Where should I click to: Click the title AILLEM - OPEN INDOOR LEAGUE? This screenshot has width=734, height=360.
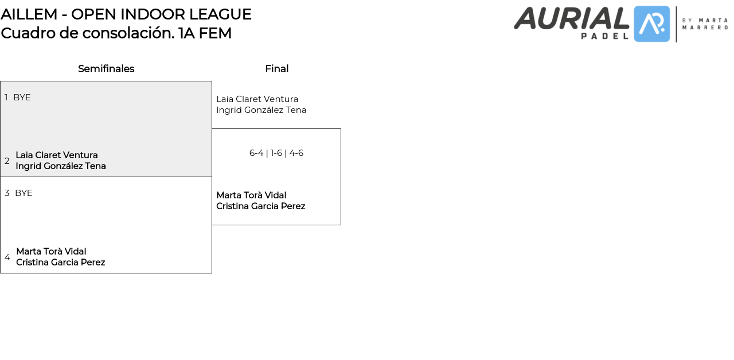(126, 14)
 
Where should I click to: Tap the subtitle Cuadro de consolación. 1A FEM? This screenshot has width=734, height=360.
(116, 33)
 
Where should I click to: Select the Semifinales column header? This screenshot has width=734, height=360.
(106, 69)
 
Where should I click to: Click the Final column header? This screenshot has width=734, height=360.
(276, 69)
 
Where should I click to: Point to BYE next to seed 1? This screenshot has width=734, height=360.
(22, 97)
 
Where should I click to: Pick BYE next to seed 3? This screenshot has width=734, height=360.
(24, 193)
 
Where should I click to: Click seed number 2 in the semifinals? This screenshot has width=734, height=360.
(7, 161)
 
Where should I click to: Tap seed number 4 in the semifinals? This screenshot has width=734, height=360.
(7, 257)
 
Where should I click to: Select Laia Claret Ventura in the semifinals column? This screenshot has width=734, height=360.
(57, 155)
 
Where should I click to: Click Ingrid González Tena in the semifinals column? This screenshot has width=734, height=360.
(61, 166)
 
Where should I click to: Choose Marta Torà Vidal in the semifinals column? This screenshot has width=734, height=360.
(51, 252)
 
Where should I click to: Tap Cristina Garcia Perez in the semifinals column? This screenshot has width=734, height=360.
(61, 263)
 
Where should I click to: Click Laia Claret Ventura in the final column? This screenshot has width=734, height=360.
(257, 99)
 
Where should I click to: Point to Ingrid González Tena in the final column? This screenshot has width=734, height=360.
(261, 110)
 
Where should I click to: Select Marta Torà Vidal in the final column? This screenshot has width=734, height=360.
(251, 195)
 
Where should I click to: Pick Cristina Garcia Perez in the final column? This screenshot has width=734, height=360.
(261, 206)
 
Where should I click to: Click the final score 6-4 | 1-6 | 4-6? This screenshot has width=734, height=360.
(276, 153)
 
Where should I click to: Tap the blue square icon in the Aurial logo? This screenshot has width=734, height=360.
(652, 24)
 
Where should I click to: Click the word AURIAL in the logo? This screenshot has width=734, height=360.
(572, 18)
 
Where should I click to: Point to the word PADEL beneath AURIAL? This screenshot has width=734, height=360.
(605, 36)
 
